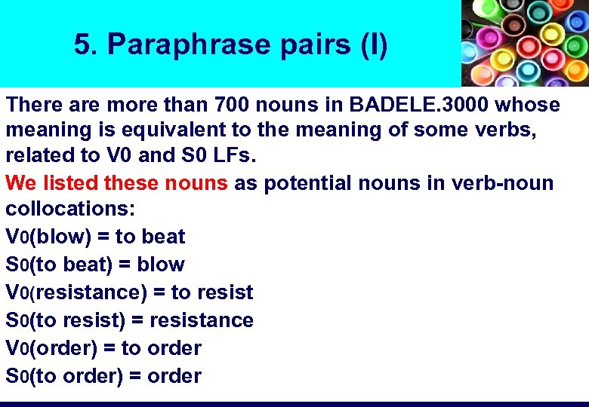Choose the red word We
coord(20,183)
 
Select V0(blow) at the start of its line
coord(48,237)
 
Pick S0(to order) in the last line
coord(64,376)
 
